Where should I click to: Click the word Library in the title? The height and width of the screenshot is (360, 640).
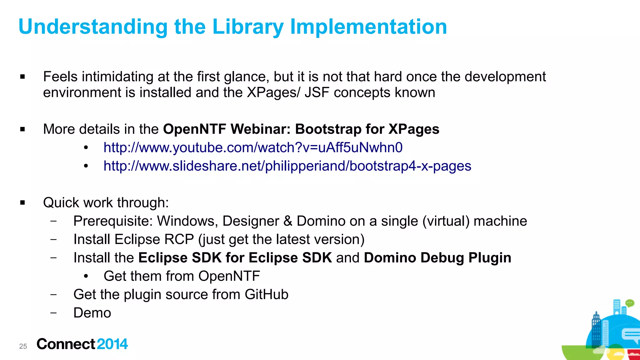coord(248,27)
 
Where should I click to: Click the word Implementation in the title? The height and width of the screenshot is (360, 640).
coord(368,27)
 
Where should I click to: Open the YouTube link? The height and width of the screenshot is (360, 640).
coord(253,147)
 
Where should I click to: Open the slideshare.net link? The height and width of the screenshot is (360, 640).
coord(287,166)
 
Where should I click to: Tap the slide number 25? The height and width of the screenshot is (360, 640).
coord(23,346)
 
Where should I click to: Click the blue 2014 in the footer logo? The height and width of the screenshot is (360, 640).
coord(112,344)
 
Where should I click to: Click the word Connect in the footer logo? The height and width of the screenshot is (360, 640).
coord(66,344)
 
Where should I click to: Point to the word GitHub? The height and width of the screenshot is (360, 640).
coord(266,294)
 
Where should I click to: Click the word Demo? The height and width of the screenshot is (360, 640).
coord(92,313)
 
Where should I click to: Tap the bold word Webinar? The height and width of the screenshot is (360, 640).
coord(261,129)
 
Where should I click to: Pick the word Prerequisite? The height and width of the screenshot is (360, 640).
coord(113,221)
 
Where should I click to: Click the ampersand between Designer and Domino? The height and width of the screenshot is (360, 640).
coord(287,221)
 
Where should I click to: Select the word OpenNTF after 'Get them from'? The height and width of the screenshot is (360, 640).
coord(229,276)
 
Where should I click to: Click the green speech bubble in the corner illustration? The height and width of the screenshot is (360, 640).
coord(630,303)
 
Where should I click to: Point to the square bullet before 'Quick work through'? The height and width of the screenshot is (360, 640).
coord(22,202)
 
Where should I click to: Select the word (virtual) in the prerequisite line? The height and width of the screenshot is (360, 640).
coord(446,221)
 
